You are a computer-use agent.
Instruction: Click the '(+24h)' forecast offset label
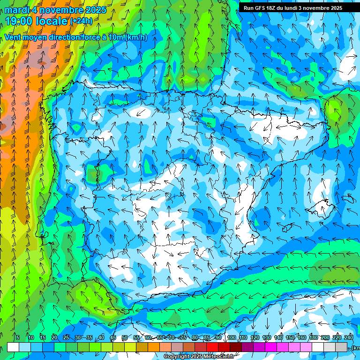tap(81, 21)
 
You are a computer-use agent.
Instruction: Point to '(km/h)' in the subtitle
tap(135, 37)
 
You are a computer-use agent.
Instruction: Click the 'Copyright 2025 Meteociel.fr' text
tap(199, 357)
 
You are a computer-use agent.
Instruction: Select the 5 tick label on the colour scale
tap(18, 338)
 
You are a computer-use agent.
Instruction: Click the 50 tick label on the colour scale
tap(124, 338)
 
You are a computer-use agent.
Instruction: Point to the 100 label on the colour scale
tap(231, 338)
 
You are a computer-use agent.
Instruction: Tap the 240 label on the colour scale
tap(348, 338)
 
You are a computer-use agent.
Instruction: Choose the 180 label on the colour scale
tap(313, 338)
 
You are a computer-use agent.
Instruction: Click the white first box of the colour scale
tap(13, 347)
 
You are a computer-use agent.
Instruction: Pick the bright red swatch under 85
tap(212, 347)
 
